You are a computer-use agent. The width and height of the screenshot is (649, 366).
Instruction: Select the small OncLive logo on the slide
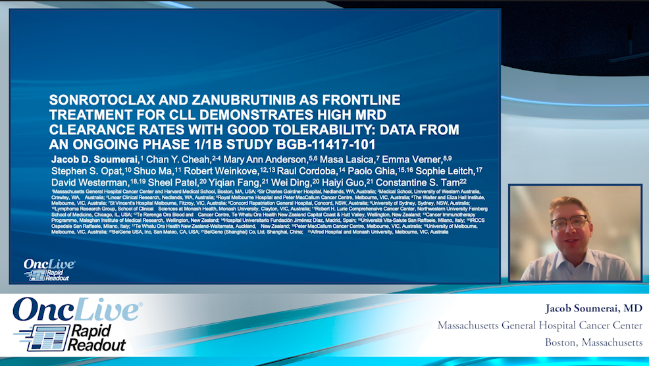49,269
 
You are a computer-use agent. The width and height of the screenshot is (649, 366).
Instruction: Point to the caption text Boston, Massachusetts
593,342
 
